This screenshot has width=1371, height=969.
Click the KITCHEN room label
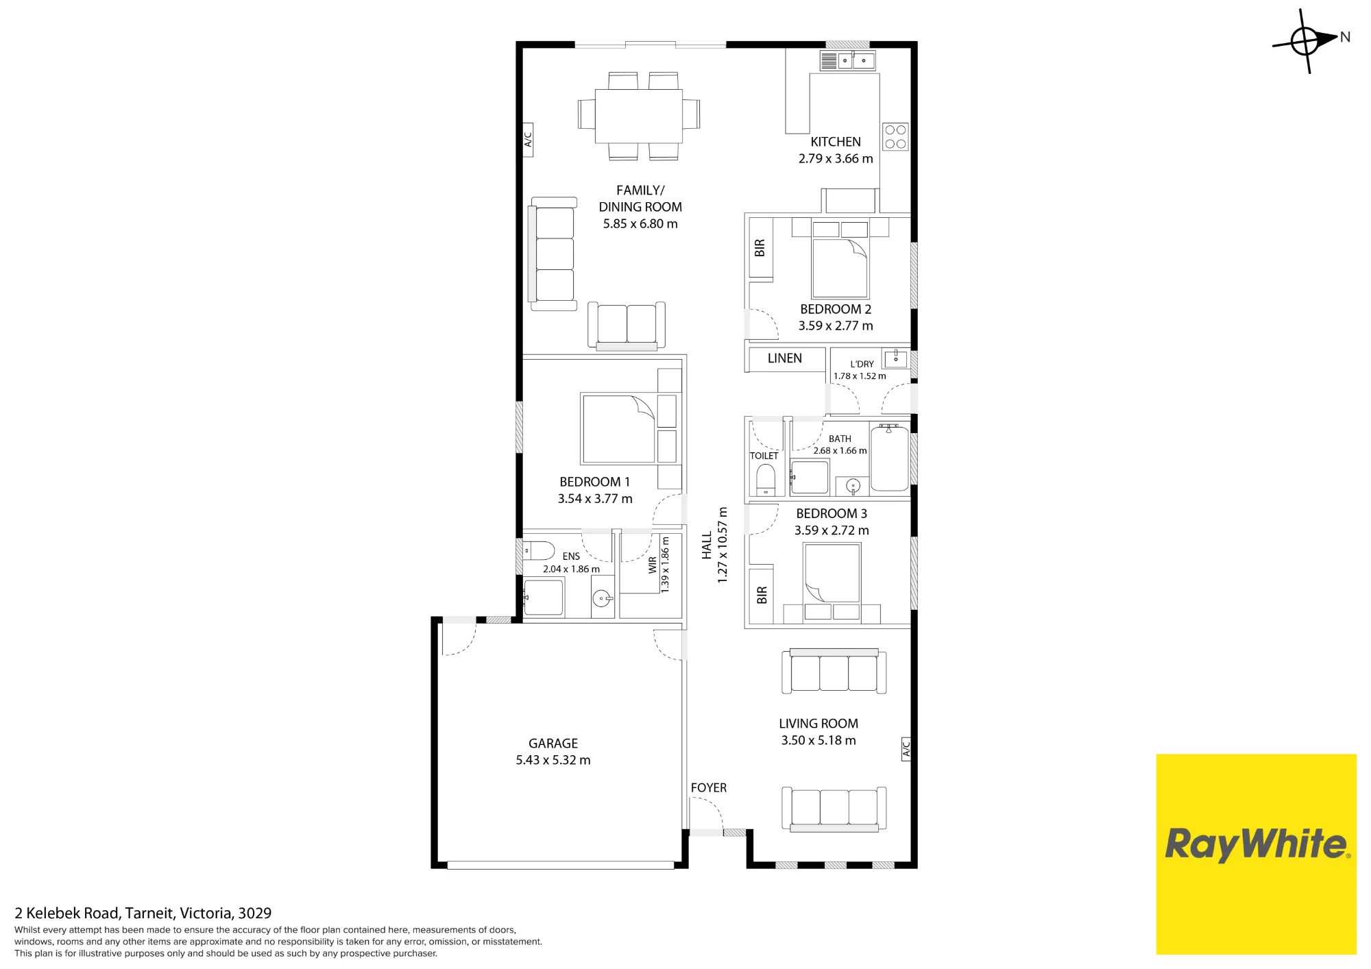[836, 142]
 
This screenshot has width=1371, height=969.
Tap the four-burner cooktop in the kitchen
[895, 137]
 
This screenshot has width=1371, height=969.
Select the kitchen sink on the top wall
[847, 60]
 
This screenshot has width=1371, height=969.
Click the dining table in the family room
[639, 116]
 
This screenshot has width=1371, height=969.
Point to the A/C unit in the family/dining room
[528, 140]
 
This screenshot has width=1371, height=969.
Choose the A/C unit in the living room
[906, 748]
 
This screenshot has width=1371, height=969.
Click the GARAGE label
[553, 744]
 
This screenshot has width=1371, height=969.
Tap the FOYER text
[709, 788]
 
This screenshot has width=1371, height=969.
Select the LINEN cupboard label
[785, 358]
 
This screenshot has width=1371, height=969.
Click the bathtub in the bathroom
[890, 458]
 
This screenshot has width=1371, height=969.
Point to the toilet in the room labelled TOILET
[766, 480]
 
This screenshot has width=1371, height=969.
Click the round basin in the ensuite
[603, 599]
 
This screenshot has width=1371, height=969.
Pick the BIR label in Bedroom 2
[760, 248]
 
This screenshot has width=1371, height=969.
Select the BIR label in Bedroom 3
[762, 595]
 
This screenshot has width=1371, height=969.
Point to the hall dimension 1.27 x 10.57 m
[723, 545]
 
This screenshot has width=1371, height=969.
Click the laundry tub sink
[896, 358]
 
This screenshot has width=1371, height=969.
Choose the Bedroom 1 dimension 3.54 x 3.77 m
[595, 499]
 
